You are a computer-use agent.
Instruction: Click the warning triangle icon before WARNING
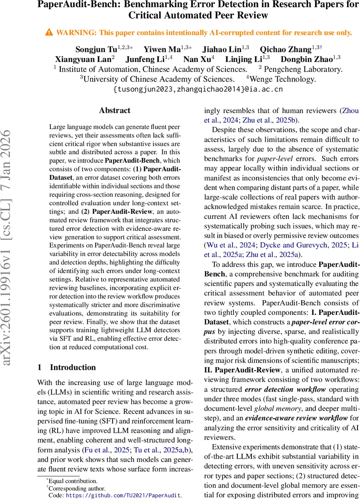49,32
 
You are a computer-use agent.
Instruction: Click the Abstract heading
114,111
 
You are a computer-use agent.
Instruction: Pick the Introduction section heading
73,367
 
